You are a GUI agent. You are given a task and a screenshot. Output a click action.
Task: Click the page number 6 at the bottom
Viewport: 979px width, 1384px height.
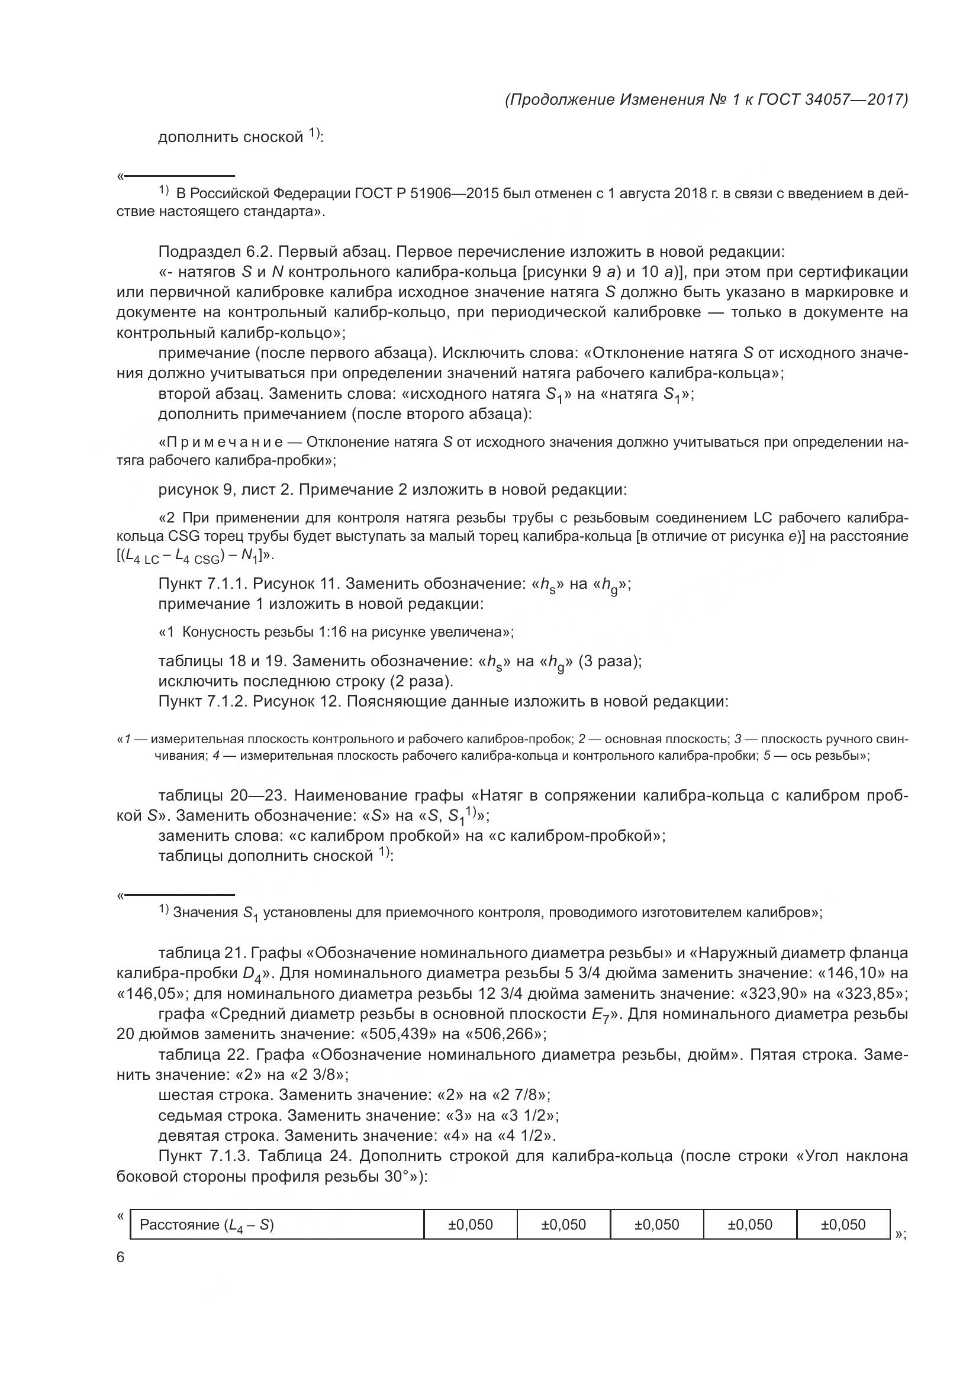[x=121, y=1257]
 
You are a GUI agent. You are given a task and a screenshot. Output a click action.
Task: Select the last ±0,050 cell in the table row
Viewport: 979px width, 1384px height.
[x=843, y=1224]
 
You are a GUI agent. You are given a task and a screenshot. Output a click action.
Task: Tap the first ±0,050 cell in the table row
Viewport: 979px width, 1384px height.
[x=470, y=1224]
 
